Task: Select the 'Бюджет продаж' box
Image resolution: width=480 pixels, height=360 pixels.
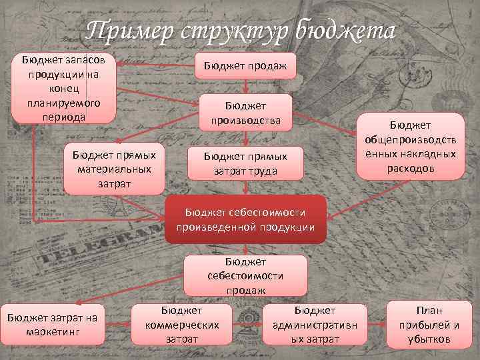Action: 245,65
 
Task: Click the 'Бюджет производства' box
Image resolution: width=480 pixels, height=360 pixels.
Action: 245,112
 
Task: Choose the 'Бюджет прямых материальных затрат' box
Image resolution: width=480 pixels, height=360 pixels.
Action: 113,167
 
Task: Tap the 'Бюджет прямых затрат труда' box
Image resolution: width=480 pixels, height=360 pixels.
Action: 245,163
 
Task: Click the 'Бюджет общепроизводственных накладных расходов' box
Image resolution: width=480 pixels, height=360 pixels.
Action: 410,146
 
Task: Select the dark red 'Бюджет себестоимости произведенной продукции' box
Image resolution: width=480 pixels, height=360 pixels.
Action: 245,219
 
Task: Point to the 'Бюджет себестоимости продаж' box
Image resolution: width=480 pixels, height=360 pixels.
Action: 245,275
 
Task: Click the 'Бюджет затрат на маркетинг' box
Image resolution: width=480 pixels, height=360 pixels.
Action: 52,324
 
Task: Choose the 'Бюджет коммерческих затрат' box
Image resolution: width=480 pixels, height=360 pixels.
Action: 181,325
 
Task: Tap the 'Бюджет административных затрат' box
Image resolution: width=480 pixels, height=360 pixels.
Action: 315,325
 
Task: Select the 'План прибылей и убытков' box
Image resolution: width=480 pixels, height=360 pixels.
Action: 429,325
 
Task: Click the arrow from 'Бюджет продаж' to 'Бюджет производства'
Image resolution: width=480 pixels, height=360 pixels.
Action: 245,86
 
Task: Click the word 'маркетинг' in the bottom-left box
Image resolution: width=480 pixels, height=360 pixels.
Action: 52,331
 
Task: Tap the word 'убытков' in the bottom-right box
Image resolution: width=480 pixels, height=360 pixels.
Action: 429,339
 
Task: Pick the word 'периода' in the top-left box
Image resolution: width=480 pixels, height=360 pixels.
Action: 64,115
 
